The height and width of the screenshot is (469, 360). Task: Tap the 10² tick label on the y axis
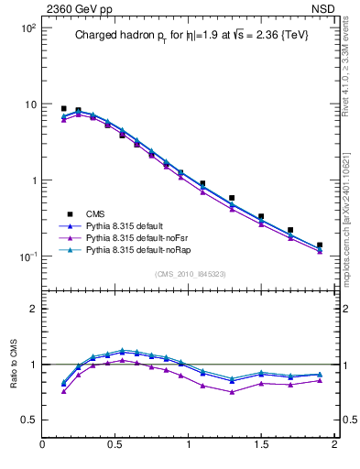pyautogui.click(x=27, y=28)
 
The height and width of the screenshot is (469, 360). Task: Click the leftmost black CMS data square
pyautogui.click(x=63, y=108)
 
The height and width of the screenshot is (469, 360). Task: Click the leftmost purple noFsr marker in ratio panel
pyautogui.click(x=63, y=391)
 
